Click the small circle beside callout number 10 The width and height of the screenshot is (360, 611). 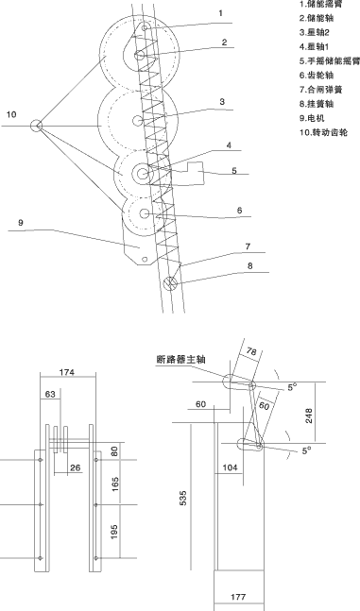[x=37, y=125]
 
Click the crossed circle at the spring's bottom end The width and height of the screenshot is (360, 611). [x=171, y=281]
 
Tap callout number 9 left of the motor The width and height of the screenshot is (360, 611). [x=20, y=223]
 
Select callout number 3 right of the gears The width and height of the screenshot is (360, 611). [x=220, y=101]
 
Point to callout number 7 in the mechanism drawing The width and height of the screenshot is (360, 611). [x=248, y=246]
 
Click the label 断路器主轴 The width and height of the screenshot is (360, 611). [x=185, y=360]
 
